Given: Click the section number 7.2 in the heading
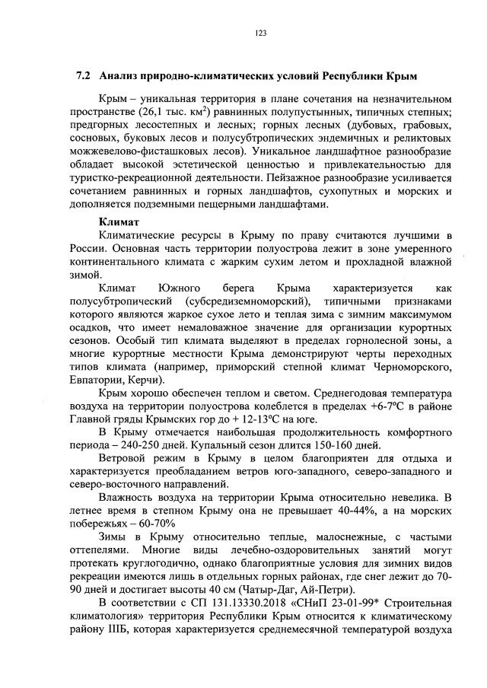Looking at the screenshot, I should tap(84, 77).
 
